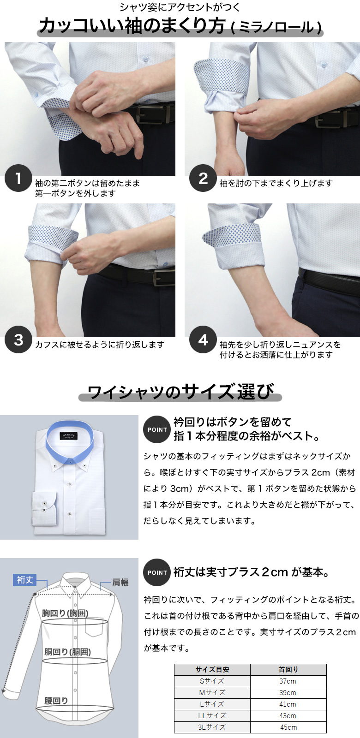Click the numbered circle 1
[18, 178]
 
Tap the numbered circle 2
[203, 178]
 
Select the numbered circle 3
[18, 339]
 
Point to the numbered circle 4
[203, 339]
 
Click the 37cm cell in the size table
[288, 681]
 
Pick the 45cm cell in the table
[288, 727]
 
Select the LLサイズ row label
[212, 715]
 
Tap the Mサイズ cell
[212, 692]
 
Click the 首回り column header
[288, 669]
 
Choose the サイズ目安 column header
[212, 669]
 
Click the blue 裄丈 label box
[25, 580]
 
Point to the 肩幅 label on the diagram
[120, 583]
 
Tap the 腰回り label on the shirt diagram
[56, 701]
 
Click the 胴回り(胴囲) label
[67, 652]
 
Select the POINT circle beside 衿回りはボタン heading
[157, 429]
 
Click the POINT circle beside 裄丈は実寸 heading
[157, 572]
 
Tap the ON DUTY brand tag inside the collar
[69, 435]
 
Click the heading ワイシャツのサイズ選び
[180, 392]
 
